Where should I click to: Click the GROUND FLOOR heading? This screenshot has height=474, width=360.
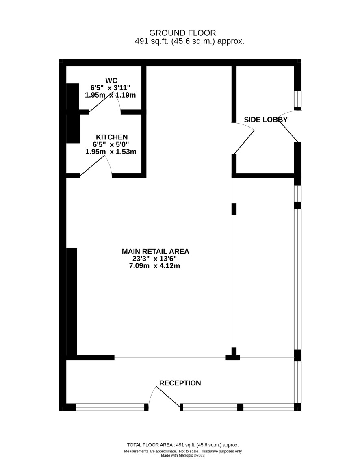coord(182,33)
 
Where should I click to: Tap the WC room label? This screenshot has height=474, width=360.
coord(111,80)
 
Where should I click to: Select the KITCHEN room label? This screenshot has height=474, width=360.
coord(112,137)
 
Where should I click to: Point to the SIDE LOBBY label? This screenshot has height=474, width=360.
coord(266,120)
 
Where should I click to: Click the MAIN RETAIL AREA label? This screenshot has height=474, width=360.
coord(155,251)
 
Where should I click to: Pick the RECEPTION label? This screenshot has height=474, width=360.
coord(180,383)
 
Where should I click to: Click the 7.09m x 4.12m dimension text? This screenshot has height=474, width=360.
coord(154,266)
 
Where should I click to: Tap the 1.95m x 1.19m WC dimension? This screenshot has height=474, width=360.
coord(111,95)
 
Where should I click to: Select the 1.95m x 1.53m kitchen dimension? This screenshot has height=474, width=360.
coord(111,152)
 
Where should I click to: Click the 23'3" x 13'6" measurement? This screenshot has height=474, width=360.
coord(154,259)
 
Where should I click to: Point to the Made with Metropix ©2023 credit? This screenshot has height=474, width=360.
coord(183,456)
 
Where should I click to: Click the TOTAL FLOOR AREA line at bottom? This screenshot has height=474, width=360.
coord(183,445)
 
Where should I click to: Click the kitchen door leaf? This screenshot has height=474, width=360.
coord(93,166)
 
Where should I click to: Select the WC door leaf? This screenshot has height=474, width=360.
coord(101,102)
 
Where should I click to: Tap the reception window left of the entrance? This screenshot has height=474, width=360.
coord(111,407)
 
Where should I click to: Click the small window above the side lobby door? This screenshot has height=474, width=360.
coord(298,99)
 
